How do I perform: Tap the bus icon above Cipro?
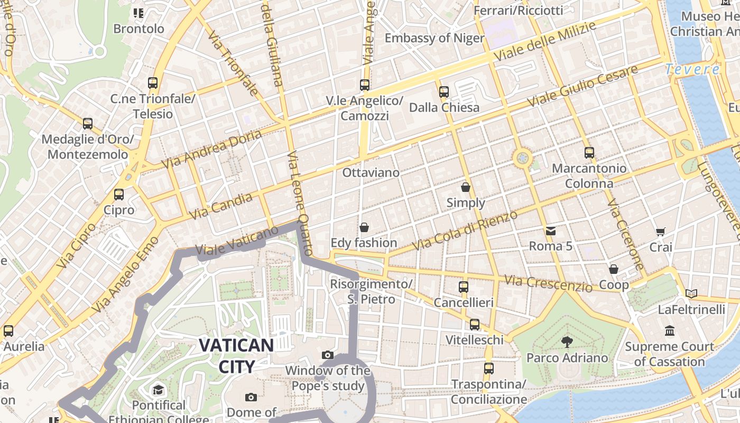click(x=119, y=195)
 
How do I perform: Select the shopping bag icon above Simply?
click(x=466, y=187)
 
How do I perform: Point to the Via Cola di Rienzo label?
click(x=465, y=231)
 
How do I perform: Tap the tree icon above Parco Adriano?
click(x=567, y=342)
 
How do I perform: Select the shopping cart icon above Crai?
click(x=660, y=232)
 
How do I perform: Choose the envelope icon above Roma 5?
click(x=551, y=231)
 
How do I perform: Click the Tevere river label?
click(x=692, y=69)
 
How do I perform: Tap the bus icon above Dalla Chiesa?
click(x=444, y=92)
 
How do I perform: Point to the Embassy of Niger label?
click(x=434, y=38)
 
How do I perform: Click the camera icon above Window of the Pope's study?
click(x=328, y=355)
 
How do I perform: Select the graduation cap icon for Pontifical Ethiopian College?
click(x=158, y=390)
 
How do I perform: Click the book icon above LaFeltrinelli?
click(x=691, y=293)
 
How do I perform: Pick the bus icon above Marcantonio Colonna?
click(x=589, y=153)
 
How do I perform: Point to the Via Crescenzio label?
click(x=548, y=283)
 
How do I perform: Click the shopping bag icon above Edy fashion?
click(x=364, y=227)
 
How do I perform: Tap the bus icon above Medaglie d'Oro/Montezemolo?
click(x=88, y=124)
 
